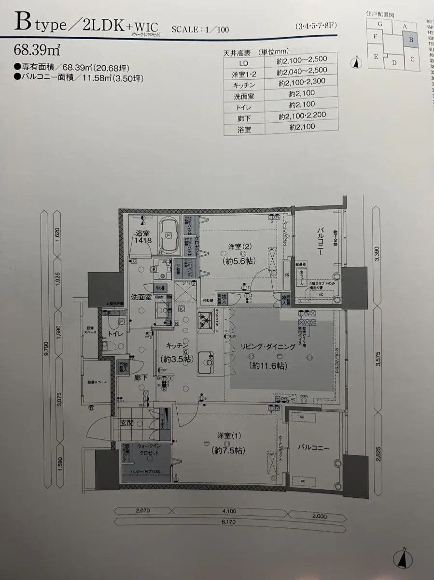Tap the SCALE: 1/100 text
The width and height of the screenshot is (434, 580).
pos(200,29)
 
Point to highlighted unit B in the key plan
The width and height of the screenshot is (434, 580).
pos(410,40)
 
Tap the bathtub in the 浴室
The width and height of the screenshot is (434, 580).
pos(169,235)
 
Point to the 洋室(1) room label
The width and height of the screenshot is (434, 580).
pos(228,435)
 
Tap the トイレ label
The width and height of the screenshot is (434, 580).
pos(114,333)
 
